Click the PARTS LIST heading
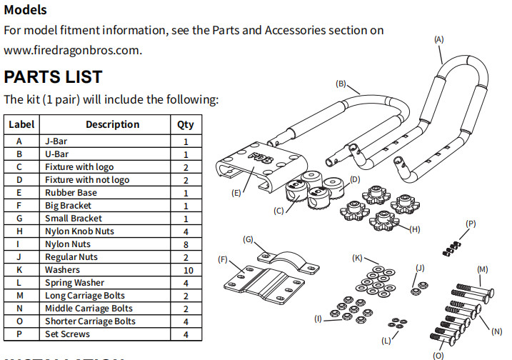tap(54, 76)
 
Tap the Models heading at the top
tap(25, 10)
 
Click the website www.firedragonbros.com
tap(72, 50)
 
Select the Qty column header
tap(186, 124)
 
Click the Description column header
tap(112, 124)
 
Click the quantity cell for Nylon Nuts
tap(186, 244)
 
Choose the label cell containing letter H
tap(19, 231)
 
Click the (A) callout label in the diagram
tap(439, 39)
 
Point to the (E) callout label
tap(236, 193)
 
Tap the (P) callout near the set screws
tap(471, 224)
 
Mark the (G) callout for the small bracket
tap(248, 239)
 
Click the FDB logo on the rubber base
tap(262, 157)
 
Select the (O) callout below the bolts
tap(438, 355)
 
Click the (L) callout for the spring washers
tap(386, 341)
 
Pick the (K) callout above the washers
tap(357, 258)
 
